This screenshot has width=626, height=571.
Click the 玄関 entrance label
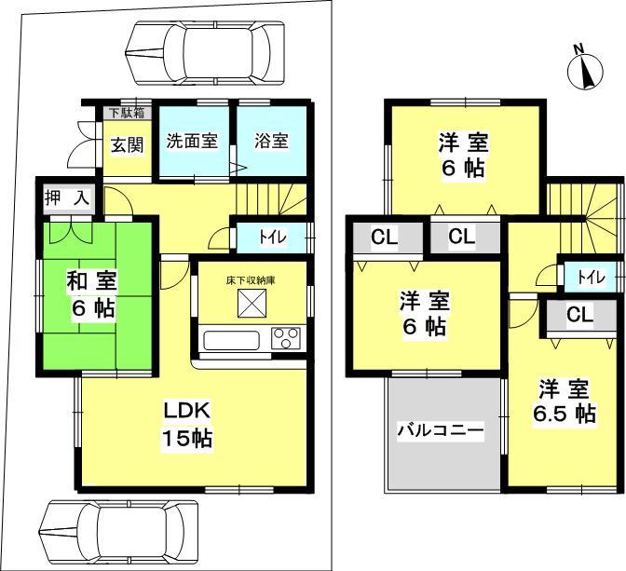128,144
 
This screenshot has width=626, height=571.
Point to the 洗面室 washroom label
192,142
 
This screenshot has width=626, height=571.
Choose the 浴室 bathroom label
271,142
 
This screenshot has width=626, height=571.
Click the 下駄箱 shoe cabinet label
127,115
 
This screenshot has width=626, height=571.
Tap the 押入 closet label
64,197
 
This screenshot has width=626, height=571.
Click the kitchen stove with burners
285,338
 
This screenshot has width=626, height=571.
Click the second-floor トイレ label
589,278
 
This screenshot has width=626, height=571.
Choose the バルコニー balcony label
441,431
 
